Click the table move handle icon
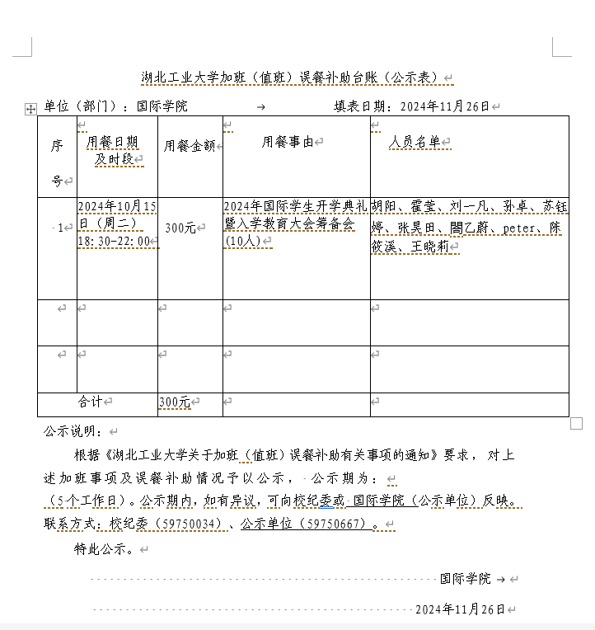[31, 108]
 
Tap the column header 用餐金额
[189, 146]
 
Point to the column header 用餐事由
[288, 142]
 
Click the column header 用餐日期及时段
[112, 150]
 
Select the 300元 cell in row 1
[180, 228]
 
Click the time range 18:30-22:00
[115, 242]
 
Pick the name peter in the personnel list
[519, 227]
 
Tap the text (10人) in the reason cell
[243, 242]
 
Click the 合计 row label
[90, 402]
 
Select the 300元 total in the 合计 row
[174, 402]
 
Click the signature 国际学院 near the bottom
[465, 579]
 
